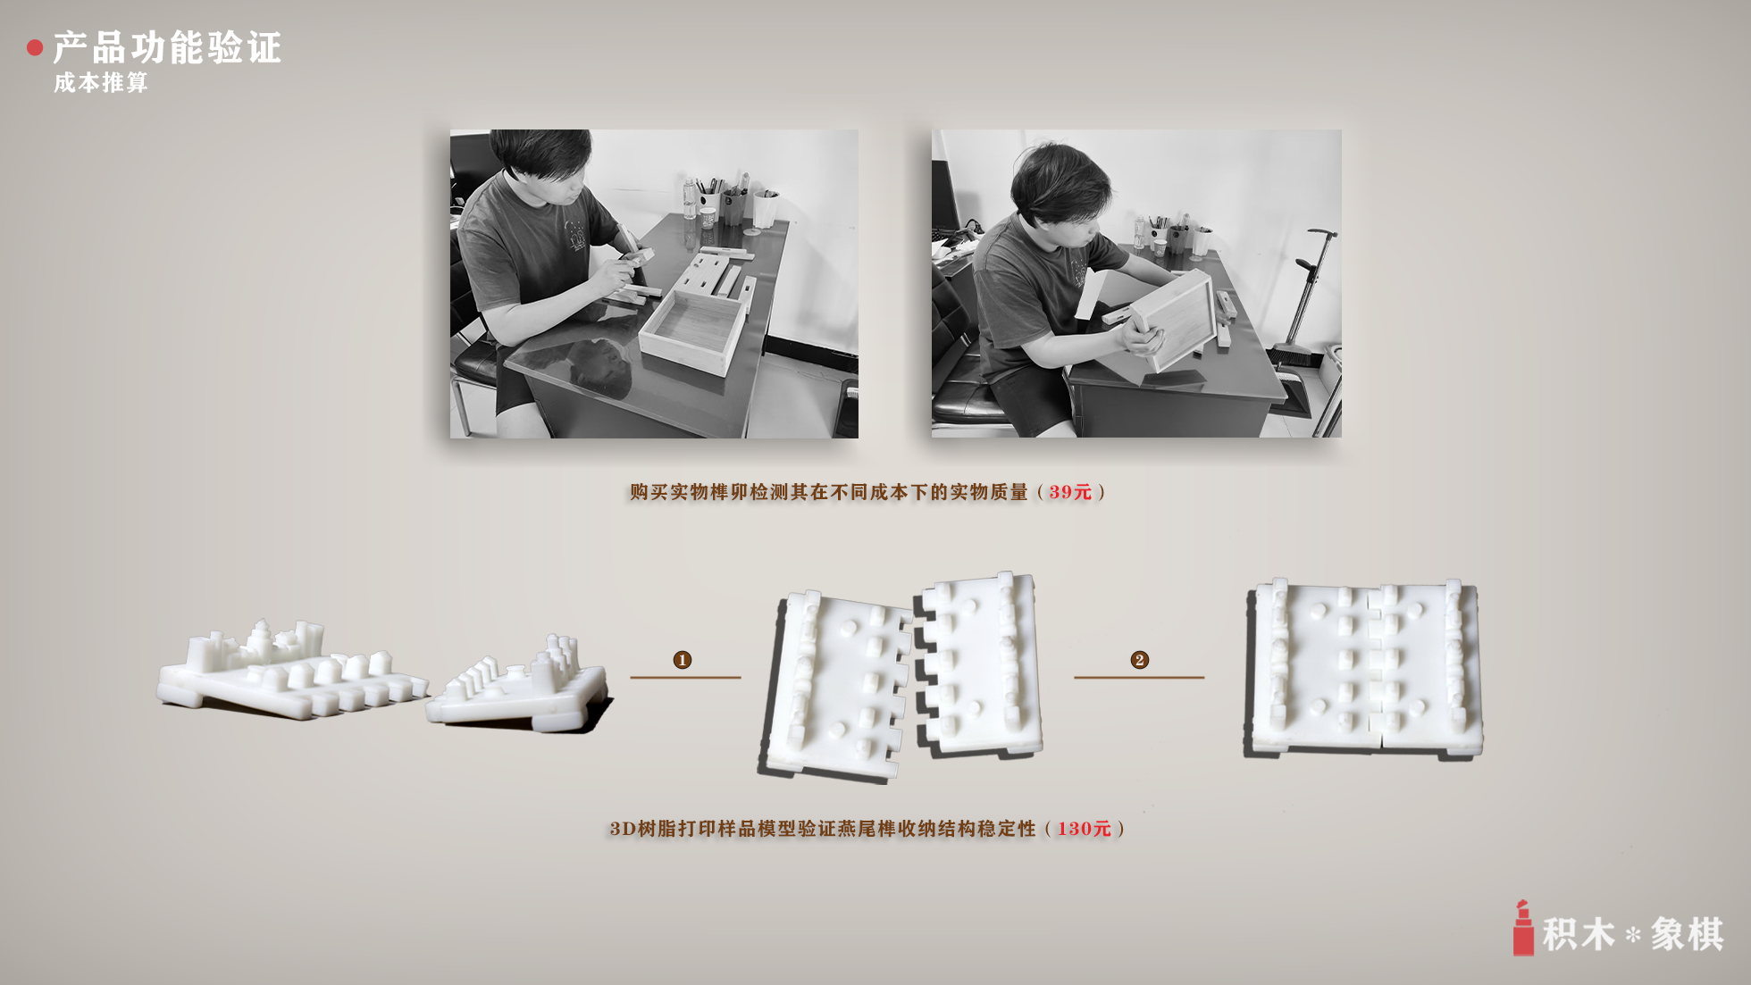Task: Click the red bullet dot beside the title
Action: tap(35, 48)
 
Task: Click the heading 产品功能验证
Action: tap(167, 47)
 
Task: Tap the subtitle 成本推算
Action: tap(101, 83)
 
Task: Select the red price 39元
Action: tap(1070, 492)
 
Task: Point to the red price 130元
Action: tap(1084, 829)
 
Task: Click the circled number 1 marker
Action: tap(683, 660)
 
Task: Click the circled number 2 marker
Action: tap(1139, 660)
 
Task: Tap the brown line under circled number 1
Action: tap(685, 678)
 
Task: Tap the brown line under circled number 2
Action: tap(1139, 678)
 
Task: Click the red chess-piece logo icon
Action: tap(1523, 929)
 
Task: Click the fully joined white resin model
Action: tap(1363, 667)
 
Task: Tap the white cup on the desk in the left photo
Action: tap(765, 209)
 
